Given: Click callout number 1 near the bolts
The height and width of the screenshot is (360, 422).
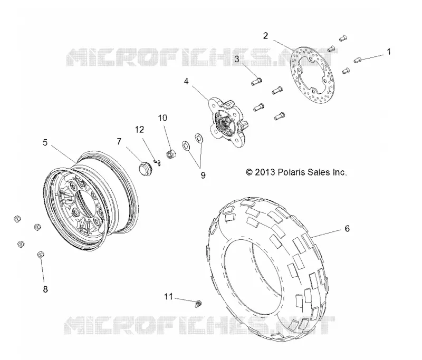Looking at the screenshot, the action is tap(388, 52).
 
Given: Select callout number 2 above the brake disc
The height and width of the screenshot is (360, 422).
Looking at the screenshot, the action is tap(266, 36).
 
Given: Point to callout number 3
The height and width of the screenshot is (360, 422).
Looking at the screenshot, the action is tap(237, 59).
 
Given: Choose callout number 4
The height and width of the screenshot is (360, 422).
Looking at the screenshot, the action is tap(186, 81).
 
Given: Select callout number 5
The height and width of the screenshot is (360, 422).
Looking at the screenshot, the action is tap(45, 142).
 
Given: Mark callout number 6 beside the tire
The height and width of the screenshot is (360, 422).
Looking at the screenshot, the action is tap(347, 229).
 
